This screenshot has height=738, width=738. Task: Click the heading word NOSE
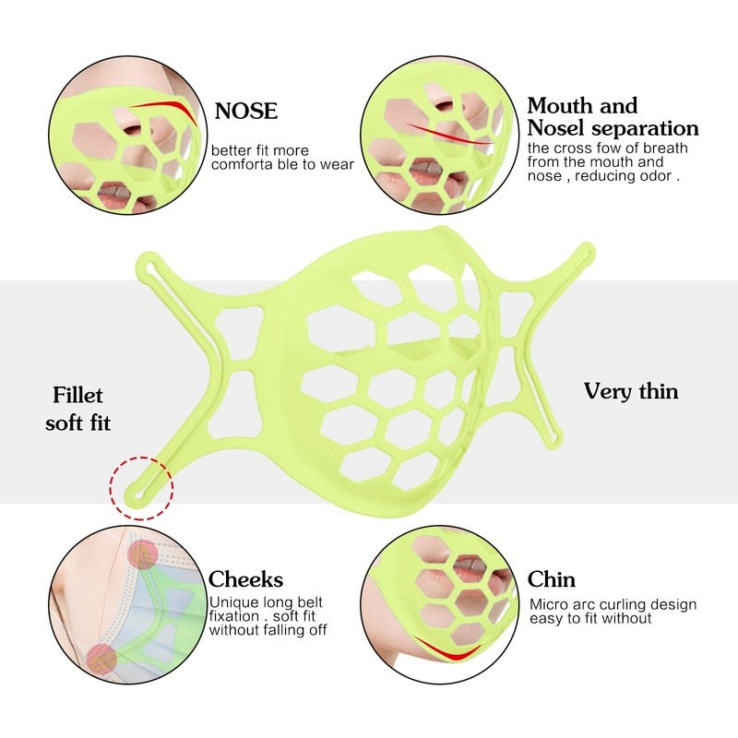tap(245, 111)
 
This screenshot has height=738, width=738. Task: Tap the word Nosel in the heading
tap(556, 127)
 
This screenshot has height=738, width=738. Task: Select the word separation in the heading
tap(645, 129)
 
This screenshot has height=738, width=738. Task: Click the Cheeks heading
tap(245, 579)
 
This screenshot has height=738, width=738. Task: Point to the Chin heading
tap(551, 579)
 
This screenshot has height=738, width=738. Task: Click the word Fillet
tap(77, 395)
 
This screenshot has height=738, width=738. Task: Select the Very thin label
tap(631, 391)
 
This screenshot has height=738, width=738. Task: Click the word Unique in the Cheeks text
tap(234, 602)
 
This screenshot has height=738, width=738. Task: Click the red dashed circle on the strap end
tap(141, 488)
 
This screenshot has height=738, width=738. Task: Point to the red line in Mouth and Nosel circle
tap(448, 134)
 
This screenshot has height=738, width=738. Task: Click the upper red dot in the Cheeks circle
tap(143, 555)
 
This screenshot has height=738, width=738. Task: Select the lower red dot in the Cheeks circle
tap(101, 659)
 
